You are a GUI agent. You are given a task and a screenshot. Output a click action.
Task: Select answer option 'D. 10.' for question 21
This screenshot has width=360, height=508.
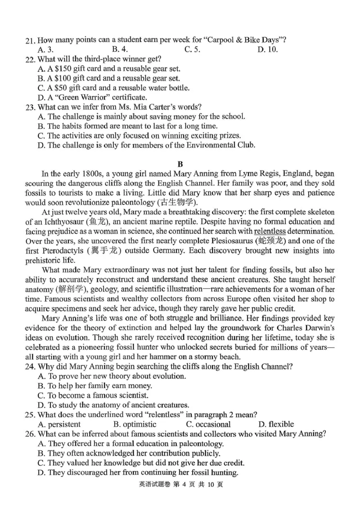click(267, 49)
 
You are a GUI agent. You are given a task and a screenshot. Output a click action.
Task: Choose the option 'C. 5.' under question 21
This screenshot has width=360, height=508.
click(192, 49)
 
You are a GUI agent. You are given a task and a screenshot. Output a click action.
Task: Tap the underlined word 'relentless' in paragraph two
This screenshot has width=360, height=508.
click(272, 232)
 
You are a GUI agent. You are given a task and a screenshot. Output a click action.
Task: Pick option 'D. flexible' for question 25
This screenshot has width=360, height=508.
click(276, 424)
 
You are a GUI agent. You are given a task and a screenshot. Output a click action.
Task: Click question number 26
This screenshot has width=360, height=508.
click(30, 434)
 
